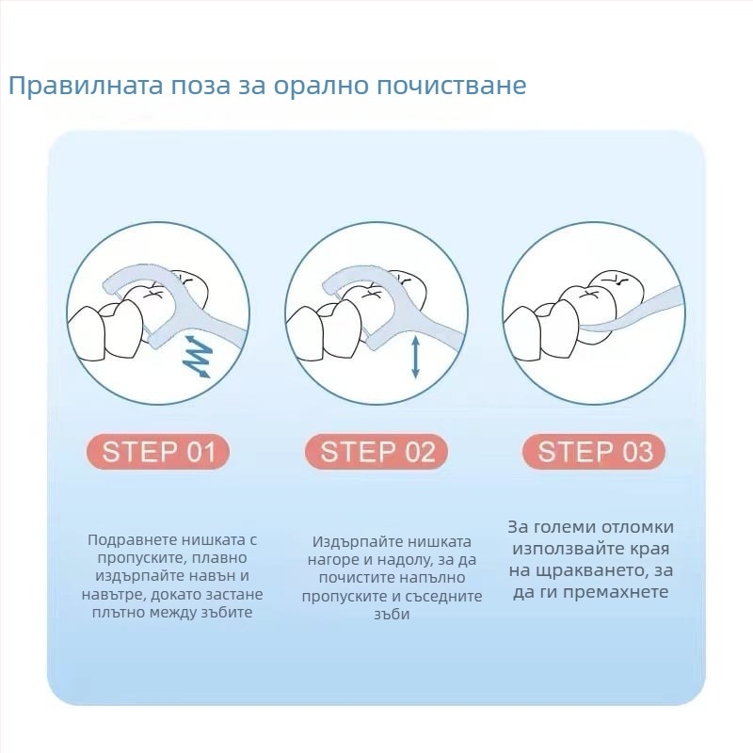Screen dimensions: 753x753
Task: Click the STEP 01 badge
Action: [x=158, y=452]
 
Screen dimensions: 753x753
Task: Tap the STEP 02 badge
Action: [x=376, y=452]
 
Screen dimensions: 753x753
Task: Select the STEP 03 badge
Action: [x=595, y=452]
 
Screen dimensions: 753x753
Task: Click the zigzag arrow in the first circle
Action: [x=198, y=357]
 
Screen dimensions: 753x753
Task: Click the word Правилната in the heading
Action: [x=86, y=86]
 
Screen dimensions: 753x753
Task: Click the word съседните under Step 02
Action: [x=443, y=597]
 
